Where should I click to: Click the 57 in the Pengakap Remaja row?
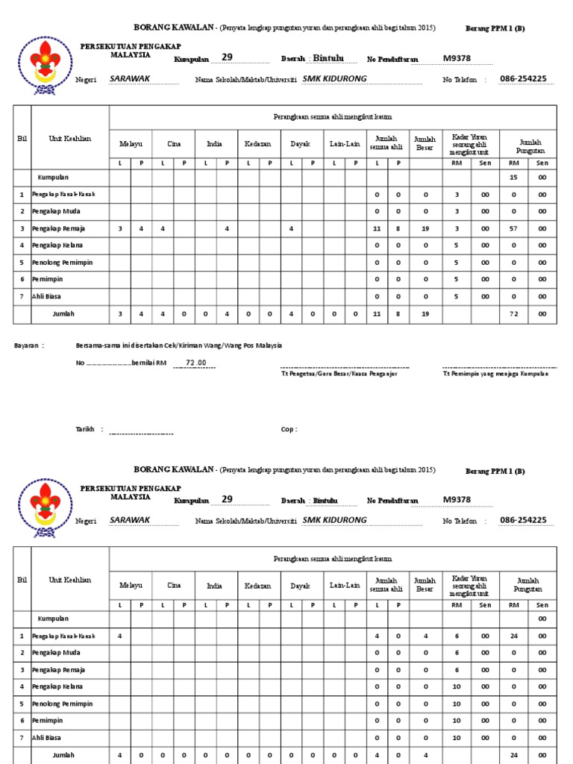(x=513, y=228)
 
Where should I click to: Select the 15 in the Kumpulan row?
(x=513, y=178)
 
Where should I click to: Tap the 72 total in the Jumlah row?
(x=513, y=314)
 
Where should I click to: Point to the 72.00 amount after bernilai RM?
(x=190, y=363)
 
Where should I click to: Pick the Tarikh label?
(x=85, y=429)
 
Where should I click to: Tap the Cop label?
(x=289, y=429)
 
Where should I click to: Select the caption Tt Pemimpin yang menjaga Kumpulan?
(x=495, y=374)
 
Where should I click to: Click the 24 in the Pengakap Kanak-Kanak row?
(x=513, y=636)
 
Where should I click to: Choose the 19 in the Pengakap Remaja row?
(x=425, y=228)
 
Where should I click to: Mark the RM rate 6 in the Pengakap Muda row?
(x=457, y=653)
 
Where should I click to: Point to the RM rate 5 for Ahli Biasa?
(x=457, y=296)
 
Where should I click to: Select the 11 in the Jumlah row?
(x=377, y=314)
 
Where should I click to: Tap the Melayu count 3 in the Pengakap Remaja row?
(x=120, y=228)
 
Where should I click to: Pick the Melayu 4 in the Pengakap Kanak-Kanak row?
(x=120, y=636)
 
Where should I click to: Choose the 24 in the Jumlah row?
(x=513, y=755)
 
